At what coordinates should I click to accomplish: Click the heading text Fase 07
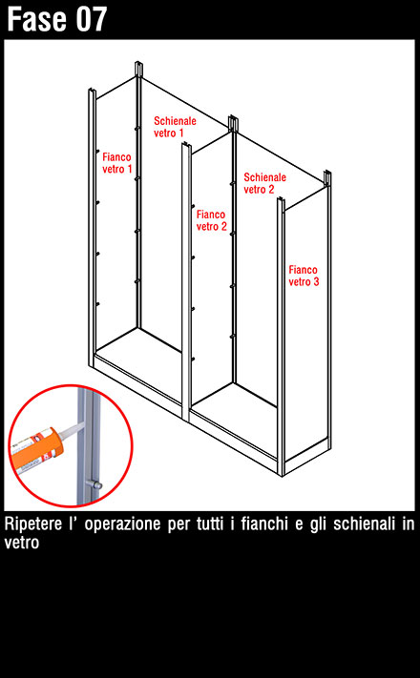click(x=56, y=19)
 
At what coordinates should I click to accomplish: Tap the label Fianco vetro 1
click(x=116, y=163)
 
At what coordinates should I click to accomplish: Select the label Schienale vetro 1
click(x=175, y=127)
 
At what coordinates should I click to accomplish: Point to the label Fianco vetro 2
click(x=211, y=220)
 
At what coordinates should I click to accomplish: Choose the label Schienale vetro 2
click(x=265, y=183)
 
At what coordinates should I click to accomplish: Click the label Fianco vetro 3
click(x=304, y=276)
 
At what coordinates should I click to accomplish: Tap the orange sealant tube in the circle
click(x=36, y=447)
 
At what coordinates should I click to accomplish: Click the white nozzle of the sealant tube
click(x=71, y=430)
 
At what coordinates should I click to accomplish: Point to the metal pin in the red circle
click(x=94, y=483)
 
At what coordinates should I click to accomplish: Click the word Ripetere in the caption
click(x=33, y=524)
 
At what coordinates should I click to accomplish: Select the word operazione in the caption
click(x=121, y=525)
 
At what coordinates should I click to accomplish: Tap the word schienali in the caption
click(x=362, y=524)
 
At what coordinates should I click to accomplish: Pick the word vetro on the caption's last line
click(x=22, y=543)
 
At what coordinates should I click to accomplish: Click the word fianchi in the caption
click(x=264, y=524)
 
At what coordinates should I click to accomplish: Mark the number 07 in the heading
click(x=92, y=19)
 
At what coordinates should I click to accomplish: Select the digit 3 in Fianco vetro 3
click(x=316, y=282)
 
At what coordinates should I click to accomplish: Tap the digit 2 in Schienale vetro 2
click(x=271, y=190)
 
